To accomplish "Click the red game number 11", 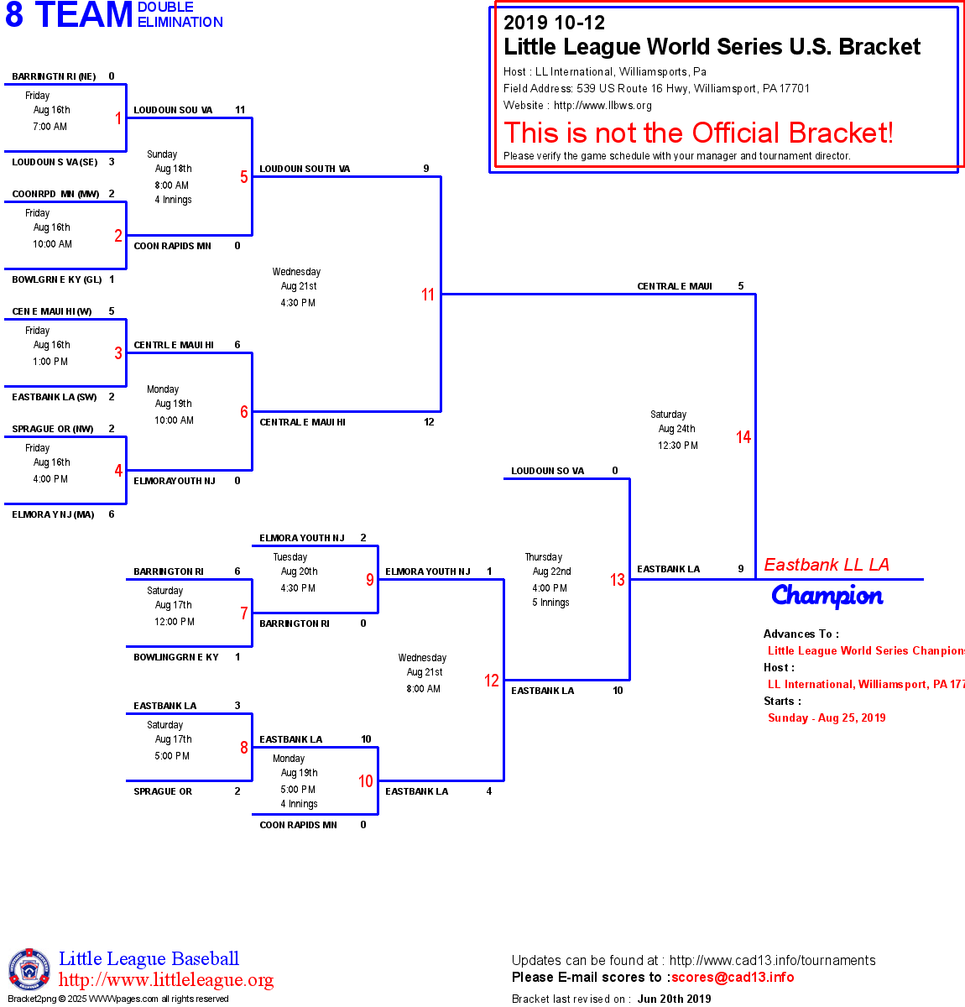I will [428, 295].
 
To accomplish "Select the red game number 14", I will [743, 437].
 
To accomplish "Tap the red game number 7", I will [244, 613].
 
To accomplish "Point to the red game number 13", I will [618, 580].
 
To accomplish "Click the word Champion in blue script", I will [827, 596].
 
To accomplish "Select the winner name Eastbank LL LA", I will [827, 565].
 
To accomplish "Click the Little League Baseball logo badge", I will [29, 969].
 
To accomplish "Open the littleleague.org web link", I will [166, 980].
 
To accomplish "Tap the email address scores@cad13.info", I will [733, 977].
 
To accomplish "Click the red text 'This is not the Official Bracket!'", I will [698, 133].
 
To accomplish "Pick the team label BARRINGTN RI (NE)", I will [54, 76].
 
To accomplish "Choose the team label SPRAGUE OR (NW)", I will [53, 429].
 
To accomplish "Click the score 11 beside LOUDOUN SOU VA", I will [240, 110].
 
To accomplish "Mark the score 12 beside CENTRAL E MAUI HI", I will [429, 422].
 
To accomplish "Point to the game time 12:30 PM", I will [678, 446].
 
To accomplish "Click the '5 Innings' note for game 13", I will [550, 603].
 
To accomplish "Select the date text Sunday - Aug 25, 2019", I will [827, 717].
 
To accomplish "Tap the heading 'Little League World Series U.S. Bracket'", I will [712, 47].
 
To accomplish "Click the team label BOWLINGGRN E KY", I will [176, 657].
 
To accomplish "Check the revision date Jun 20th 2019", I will [674, 999].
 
